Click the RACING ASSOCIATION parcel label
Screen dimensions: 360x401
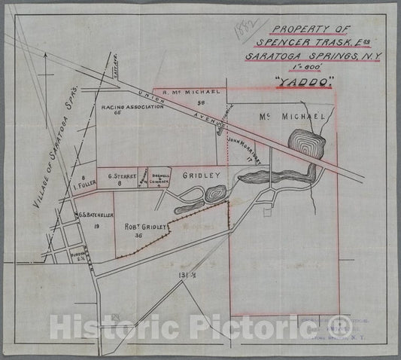[132, 108]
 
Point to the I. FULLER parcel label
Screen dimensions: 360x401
[84, 183]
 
